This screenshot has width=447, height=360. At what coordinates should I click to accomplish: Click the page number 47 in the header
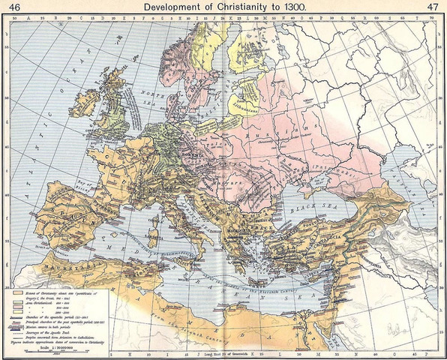[x=433, y=7]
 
